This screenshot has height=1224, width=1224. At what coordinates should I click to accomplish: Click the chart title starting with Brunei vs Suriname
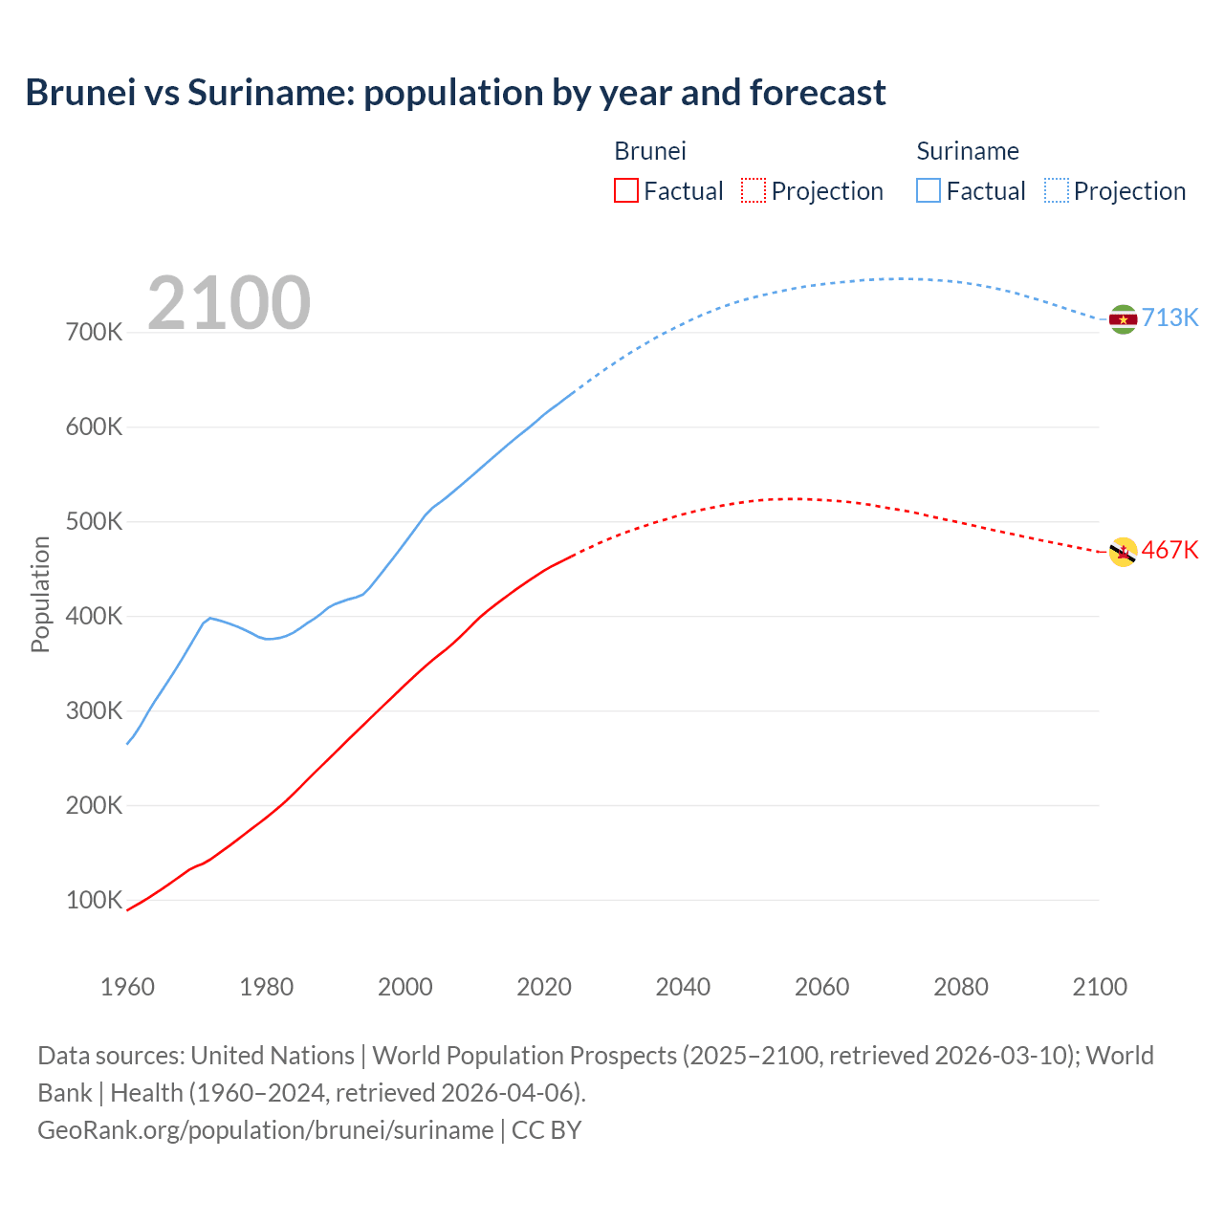pyautogui.click(x=455, y=93)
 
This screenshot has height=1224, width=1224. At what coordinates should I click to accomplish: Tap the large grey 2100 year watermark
pyautogui.click(x=229, y=303)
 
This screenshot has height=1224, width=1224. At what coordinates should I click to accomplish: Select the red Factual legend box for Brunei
pyautogui.click(x=625, y=190)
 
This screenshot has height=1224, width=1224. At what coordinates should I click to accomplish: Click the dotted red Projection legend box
pyautogui.click(x=754, y=190)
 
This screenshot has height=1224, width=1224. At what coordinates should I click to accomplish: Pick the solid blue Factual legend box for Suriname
pyautogui.click(x=929, y=190)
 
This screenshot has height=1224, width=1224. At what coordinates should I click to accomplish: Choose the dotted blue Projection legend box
pyautogui.click(x=1056, y=190)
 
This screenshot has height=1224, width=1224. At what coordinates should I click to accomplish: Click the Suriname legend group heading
pyautogui.click(x=967, y=151)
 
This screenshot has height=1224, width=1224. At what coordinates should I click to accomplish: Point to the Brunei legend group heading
pyautogui.click(x=649, y=151)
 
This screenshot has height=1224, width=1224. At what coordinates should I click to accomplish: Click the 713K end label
pyautogui.click(x=1169, y=317)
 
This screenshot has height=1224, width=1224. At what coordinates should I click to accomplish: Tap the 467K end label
pyautogui.click(x=1169, y=550)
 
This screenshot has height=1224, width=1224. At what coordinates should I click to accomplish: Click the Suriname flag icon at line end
pyautogui.click(x=1123, y=319)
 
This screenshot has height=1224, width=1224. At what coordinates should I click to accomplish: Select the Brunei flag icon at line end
pyautogui.click(x=1123, y=552)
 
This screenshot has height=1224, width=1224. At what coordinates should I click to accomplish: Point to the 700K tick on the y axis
pyautogui.click(x=95, y=333)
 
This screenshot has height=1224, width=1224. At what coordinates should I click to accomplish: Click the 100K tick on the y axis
pyautogui.click(x=95, y=900)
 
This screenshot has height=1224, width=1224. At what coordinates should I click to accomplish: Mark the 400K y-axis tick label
pyautogui.click(x=95, y=617)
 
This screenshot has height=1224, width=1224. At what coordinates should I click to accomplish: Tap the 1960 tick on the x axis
pyautogui.click(x=127, y=987)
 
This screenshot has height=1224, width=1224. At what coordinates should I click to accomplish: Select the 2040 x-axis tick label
pyautogui.click(x=683, y=987)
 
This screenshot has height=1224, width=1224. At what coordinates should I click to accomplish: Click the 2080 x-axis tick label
pyautogui.click(x=961, y=987)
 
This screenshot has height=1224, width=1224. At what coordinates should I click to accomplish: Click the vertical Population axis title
pyautogui.click(x=40, y=594)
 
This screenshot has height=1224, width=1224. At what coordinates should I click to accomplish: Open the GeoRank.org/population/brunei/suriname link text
pyautogui.click(x=265, y=1130)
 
